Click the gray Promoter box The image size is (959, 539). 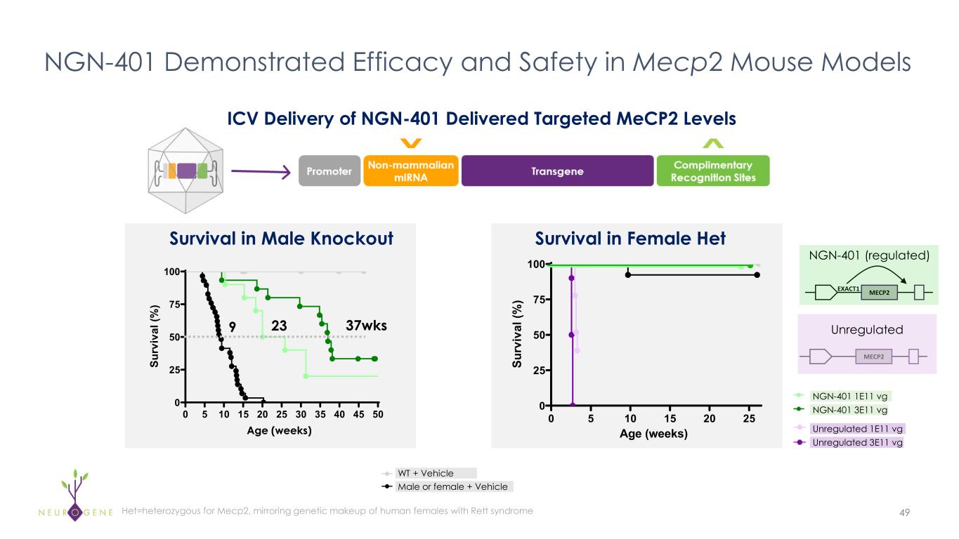pos(330,171)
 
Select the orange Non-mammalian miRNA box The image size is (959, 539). pos(410,171)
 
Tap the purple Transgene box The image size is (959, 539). pos(557,171)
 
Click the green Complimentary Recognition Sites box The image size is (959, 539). pos(713,171)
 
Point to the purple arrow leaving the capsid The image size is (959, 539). pos(260,171)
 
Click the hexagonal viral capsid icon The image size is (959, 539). pos(185,171)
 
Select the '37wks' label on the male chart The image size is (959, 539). pos(367,326)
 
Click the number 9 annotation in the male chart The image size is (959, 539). pos(233,326)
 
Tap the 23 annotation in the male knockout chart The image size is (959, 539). pos(280,326)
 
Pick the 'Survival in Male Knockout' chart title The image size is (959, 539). pos(281,239)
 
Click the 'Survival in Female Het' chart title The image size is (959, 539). pos(630,239)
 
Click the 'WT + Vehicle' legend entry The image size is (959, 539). pos(425,473)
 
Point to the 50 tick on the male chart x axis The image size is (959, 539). pos(377,415)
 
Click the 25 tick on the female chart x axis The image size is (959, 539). pos(749,419)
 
